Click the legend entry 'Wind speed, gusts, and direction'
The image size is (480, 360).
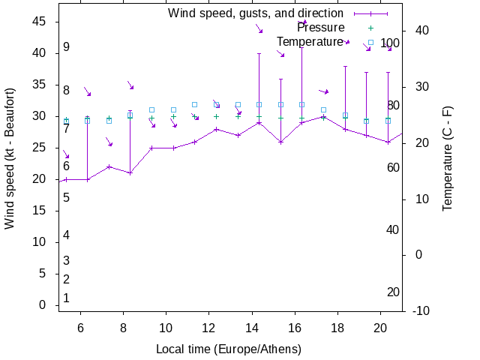click(255, 13)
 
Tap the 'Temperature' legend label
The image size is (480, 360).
click(310, 42)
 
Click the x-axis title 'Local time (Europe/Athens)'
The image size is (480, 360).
click(229, 349)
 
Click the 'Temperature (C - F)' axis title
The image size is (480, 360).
click(448, 158)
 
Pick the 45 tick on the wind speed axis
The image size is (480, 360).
click(40, 22)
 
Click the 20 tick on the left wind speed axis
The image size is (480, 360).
click(40, 179)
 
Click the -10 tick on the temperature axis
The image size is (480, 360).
click(421, 311)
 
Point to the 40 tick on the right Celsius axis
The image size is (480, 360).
click(421, 31)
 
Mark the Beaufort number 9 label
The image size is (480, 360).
click(67, 47)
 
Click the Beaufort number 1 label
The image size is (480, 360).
click(67, 298)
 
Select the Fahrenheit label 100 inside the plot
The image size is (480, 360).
click(390, 43)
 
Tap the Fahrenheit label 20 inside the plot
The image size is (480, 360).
click(393, 292)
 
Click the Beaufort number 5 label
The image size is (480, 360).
click(67, 198)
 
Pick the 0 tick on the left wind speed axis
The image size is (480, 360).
click(43, 305)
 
